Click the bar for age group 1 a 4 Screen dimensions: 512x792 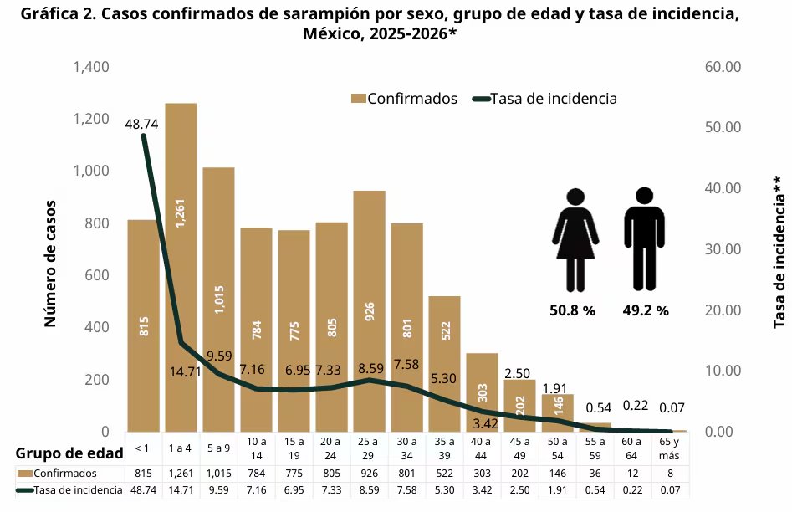(181, 268)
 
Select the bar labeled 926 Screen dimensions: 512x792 (369, 310)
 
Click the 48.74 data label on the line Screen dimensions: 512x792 (141, 124)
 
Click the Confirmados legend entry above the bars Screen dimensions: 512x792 (405, 99)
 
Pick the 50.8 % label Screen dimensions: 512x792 (572, 310)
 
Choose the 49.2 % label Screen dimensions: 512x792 (646, 310)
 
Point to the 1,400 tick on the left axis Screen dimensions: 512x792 (91, 67)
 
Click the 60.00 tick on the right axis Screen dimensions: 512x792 (723, 67)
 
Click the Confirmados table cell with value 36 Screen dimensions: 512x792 (595, 474)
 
